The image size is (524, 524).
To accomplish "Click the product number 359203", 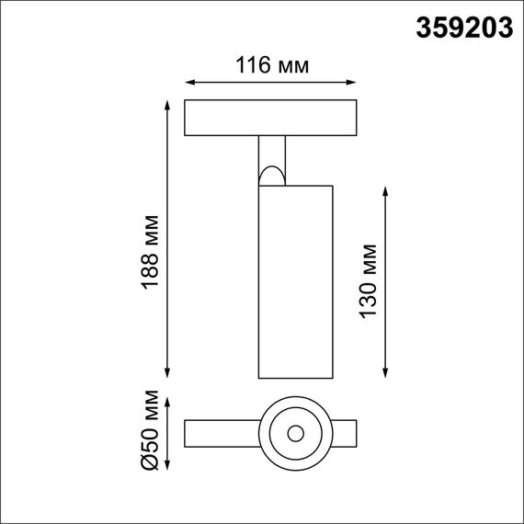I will click(x=463, y=28).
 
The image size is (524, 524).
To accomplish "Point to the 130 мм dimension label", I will click(x=369, y=279).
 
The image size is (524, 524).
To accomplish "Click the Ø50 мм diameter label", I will click(x=152, y=431).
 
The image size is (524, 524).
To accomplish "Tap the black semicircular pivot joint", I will click(x=273, y=173).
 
